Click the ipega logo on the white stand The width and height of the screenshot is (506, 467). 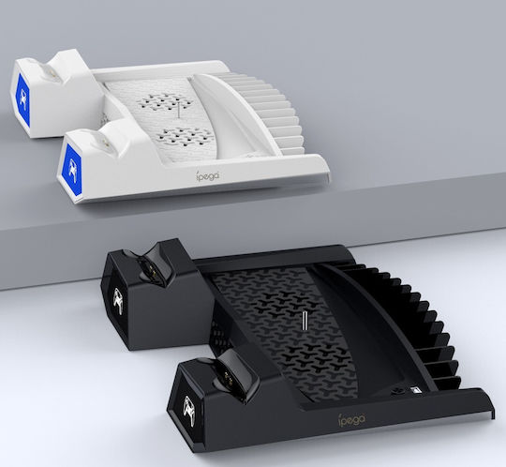pyautogui.click(x=208, y=175)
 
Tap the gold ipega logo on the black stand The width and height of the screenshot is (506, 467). pyautogui.click(x=351, y=419)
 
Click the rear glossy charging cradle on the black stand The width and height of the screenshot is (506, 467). pyautogui.click(x=153, y=266)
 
